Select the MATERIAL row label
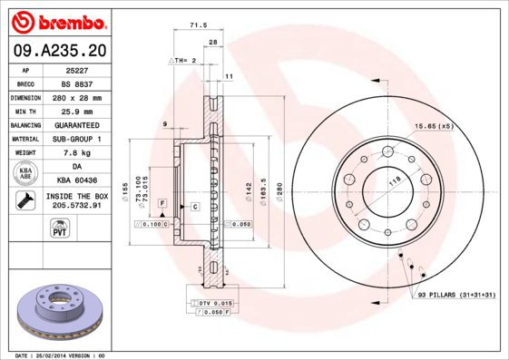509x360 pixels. (24, 139)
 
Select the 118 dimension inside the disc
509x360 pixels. (394, 182)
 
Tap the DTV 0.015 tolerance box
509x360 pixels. (210, 302)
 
